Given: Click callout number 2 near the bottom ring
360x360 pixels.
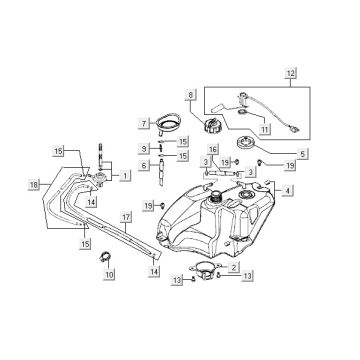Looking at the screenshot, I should point(233,267).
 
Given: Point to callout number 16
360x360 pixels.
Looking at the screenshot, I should point(213,149).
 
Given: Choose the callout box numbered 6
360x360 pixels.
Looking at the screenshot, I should point(145,165).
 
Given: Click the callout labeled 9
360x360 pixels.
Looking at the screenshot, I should point(145,148).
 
